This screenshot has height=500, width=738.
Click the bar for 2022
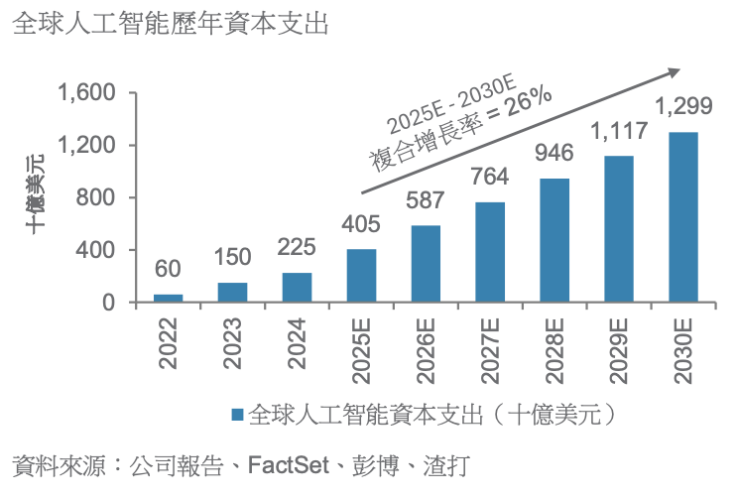(168, 298)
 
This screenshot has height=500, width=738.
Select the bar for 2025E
(361, 276)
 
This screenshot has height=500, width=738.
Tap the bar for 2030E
(682, 217)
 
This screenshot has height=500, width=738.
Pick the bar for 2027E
(490, 252)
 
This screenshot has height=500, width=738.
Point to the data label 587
(426, 201)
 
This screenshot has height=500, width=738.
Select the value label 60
(168, 270)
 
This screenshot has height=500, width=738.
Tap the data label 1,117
(619, 131)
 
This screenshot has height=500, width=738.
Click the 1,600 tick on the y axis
(88, 93)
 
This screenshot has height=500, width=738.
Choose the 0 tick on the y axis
(110, 303)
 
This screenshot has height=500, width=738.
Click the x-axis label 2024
(297, 343)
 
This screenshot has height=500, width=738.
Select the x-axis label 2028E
(554, 349)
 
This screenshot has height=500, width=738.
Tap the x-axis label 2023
(232, 343)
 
